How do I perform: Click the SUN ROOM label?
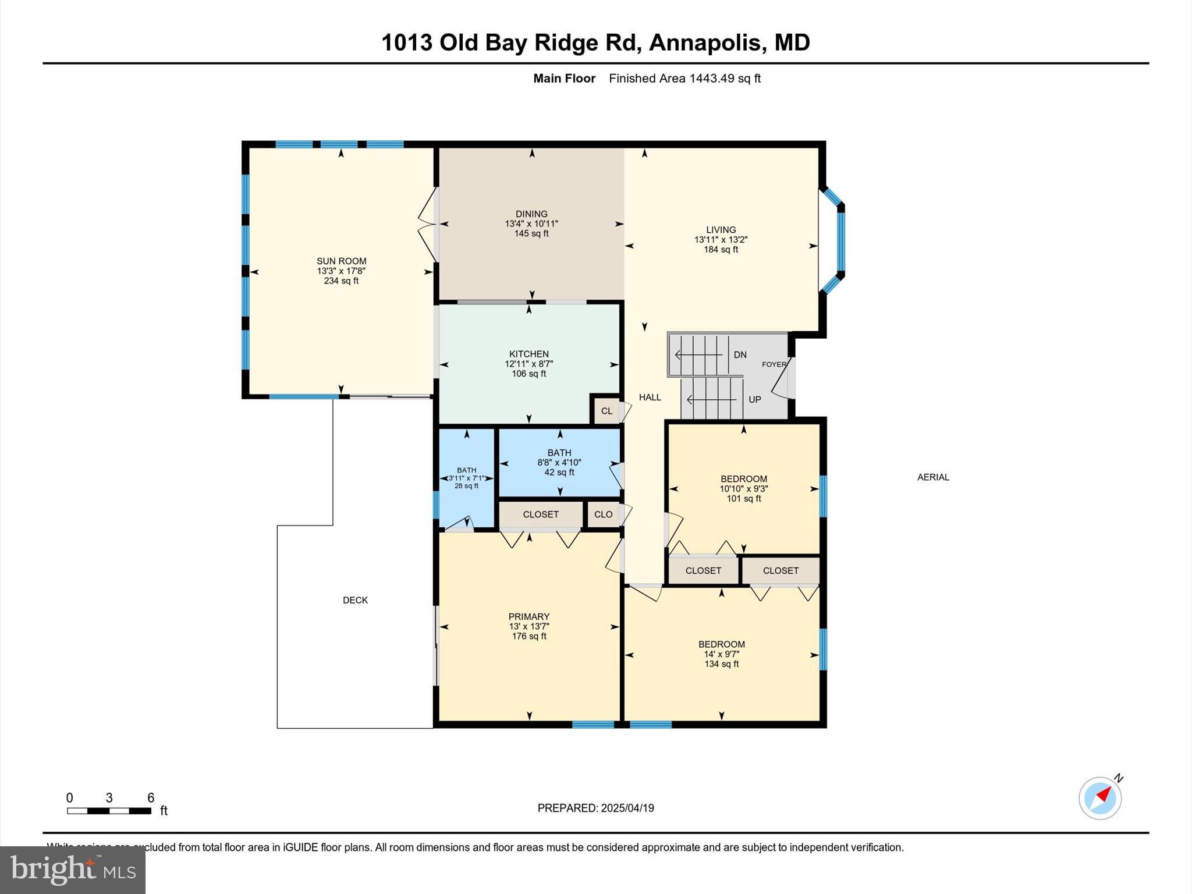point(341,261)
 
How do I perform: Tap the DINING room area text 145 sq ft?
point(531,234)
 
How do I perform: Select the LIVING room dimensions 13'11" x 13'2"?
point(721,239)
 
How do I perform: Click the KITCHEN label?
point(528,354)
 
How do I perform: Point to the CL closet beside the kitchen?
point(606,411)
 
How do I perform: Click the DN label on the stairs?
point(740,354)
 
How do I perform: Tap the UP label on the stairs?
point(754,399)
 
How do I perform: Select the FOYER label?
point(774,364)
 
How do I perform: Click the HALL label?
point(650,397)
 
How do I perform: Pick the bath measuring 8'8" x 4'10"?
point(559,462)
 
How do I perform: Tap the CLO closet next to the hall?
point(603,515)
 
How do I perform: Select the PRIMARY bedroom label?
point(528,616)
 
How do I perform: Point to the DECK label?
point(355,600)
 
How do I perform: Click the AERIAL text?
point(933,477)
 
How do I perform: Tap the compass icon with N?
point(1099,798)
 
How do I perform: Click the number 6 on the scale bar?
point(150,798)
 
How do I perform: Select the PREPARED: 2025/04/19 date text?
point(595,808)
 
